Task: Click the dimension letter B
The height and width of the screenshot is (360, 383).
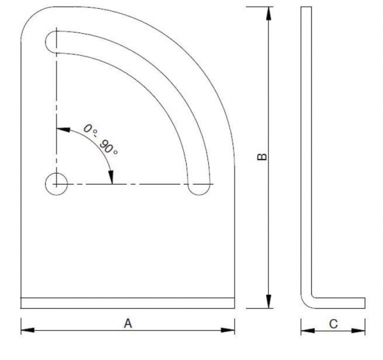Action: pyautogui.click(x=263, y=157)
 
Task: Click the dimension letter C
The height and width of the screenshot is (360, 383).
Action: pyautogui.click(x=333, y=325)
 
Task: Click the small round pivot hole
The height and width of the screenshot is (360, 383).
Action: pyautogui.click(x=56, y=183)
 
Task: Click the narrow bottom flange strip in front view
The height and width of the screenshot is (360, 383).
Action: pyautogui.click(x=127, y=303)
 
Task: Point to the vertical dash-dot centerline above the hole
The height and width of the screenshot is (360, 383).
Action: pyautogui.click(x=56, y=111)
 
